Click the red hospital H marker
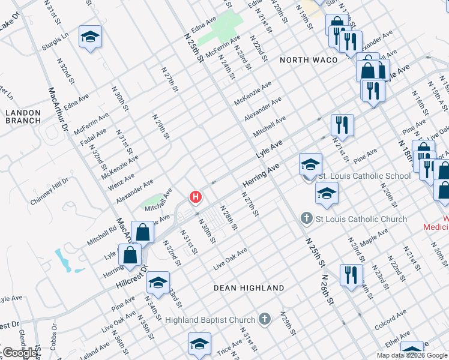(196, 196)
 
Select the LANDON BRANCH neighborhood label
(23, 116)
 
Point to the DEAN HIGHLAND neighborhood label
(249, 288)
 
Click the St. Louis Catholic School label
(364, 176)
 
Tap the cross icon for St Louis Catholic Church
(307, 219)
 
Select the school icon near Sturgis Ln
(90, 37)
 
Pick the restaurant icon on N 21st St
(342, 125)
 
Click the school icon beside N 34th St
(157, 282)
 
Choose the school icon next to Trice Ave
(199, 343)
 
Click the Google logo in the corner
(21, 352)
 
